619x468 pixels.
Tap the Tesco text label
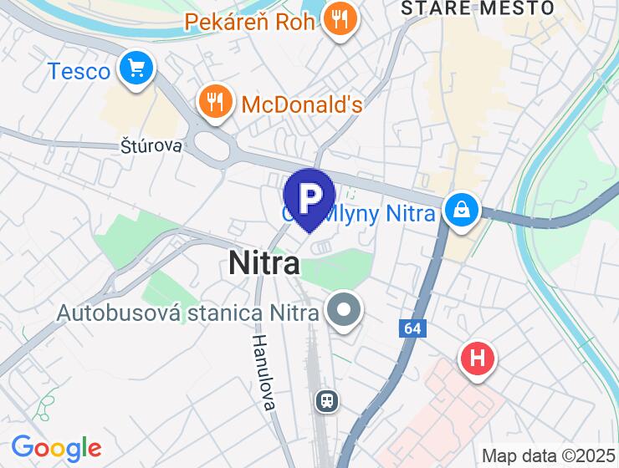79,71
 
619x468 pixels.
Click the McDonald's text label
302,104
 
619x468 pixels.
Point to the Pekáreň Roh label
250,21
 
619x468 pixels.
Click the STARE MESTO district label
478,8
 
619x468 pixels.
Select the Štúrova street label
151,146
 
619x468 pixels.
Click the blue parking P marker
309,197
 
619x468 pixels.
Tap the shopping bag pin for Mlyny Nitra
461,211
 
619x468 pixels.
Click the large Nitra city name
264,264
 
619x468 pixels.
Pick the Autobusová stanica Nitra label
188,313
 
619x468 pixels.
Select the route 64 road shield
412,328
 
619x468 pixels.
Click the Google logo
56,449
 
